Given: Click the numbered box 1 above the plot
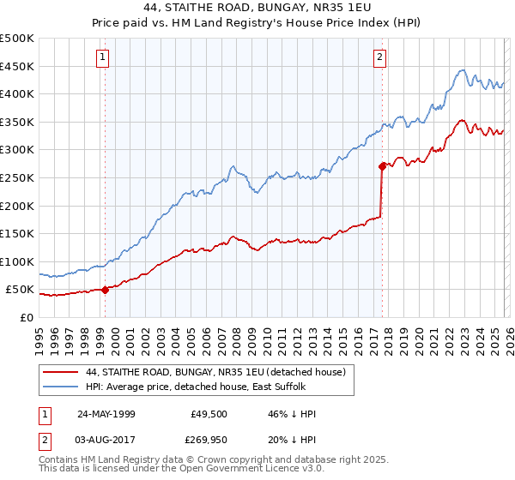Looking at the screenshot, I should (x=102, y=57).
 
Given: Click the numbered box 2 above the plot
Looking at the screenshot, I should (x=379, y=57).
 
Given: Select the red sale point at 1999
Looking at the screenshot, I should (x=106, y=290).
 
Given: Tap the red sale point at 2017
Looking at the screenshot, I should (x=382, y=167).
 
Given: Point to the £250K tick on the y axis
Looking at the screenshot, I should (x=17, y=177).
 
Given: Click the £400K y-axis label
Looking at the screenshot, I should (x=17, y=94).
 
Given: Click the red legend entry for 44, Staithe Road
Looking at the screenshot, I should (x=215, y=372).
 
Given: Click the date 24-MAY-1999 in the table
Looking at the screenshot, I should (x=106, y=414).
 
